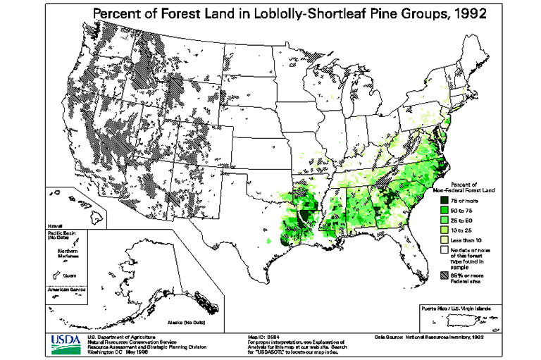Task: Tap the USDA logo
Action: [x=66, y=343]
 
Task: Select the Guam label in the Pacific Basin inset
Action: [x=68, y=276]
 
